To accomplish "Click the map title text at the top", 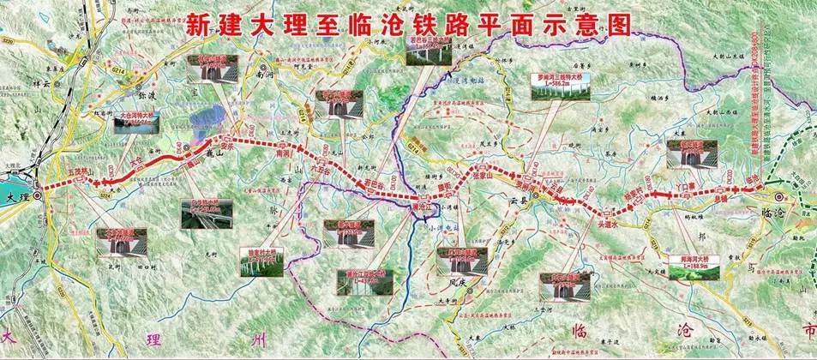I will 408,23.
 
